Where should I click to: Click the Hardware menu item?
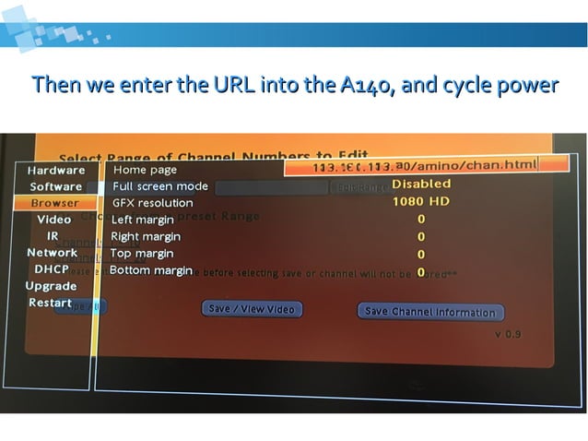(x=55, y=170)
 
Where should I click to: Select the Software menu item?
(x=55, y=186)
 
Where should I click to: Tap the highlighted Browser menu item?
(x=54, y=203)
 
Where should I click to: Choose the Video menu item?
(x=54, y=220)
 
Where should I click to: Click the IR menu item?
(x=53, y=236)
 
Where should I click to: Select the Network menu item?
(x=53, y=253)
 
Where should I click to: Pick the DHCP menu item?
(x=53, y=269)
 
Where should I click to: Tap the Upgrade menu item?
(x=51, y=286)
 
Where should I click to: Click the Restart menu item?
(x=50, y=303)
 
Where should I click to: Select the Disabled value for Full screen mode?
(x=421, y=184)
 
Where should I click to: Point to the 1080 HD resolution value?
(x=420, y=200)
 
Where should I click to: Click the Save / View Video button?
(x=252, y=310)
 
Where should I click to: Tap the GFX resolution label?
(x=153, y=203)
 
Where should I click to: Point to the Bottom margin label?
(x=151, y=270)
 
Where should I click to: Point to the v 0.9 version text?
(x=508, y=334)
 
